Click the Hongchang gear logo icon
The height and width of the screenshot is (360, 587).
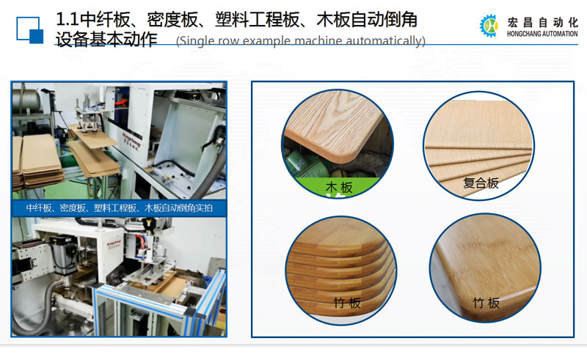pyautogui.click(x=489, y=26)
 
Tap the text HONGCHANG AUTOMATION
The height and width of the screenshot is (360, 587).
pyautogui.click(x=542, y=34)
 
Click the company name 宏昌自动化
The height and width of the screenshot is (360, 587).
pyautogui.click(x=542, y=23)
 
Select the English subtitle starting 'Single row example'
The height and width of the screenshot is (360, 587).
pyautogui.click(x=301, y=40)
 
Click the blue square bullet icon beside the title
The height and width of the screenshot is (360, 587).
pyautogui.click(x=29, y=30)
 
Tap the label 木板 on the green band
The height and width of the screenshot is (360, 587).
pyautogui.click(x=339, y=187)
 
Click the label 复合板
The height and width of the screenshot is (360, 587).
pyautogui.click(x=481, y=183)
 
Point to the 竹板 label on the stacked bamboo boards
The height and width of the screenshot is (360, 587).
pyautogui.click(x=347, y=303)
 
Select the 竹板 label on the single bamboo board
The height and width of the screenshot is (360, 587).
pyautogui.click(x=486, y=303)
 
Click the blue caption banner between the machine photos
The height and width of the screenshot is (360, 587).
pyautogui.click(x=119, y=208)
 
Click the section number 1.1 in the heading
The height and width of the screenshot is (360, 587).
pyautogui.click(x=68, y=20)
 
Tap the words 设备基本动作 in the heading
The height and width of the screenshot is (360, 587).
pyautogui.click(x=106, y=40)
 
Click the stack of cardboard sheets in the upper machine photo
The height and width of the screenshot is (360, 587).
pyautogui.click(x=37, y=161)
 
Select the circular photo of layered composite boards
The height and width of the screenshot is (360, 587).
pyautogui.click(x=479, y=146)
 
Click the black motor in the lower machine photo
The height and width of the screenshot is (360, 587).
pyautogui.click(x=65, y=254)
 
